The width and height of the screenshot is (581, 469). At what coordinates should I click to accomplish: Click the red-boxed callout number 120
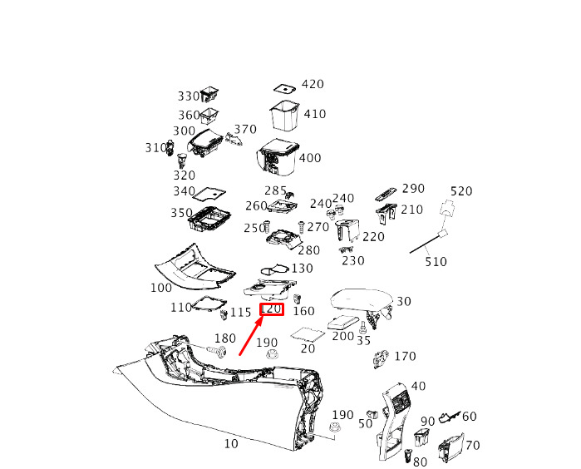tap(272, 309)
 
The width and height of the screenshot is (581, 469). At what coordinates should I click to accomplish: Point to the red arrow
tap(252, 335)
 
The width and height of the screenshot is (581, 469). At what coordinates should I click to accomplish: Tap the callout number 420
tap(313, 84)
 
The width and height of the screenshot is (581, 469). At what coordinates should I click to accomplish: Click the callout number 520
tap(461, 191)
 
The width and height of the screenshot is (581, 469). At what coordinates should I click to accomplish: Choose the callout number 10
tap(231, 443)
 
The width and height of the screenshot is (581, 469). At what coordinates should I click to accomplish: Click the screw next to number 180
tap(218, 351)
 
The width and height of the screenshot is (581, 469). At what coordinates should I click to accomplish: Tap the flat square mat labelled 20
tap(308, 334)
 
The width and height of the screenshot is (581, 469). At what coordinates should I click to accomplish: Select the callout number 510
tap(436, 262)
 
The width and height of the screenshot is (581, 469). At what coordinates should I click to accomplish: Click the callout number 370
tap(245, 129)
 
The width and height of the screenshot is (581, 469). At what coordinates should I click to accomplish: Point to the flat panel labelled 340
tap(209, 193)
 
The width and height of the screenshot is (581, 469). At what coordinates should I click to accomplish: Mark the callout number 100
tap(161, 288)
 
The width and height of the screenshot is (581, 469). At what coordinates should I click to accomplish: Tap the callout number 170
tap(405, 356)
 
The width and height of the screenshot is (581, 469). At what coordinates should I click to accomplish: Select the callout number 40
tap(418, 386)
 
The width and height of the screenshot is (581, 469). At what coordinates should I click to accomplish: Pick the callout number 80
tap(420, 462)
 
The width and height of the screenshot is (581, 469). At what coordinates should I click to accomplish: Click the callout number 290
tap(413, 188)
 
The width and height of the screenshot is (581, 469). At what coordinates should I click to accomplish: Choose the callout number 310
tap(155, 148)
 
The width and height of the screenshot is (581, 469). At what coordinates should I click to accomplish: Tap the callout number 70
tap(472, 445)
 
